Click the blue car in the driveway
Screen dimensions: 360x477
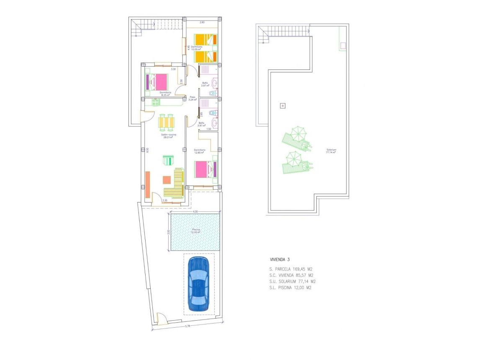click(x=198, y=284)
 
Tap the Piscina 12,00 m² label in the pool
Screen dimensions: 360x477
click(x=196, y=231)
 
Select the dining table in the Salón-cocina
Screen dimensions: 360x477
click(x=167, y=122)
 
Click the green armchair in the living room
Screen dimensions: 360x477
click(x=168, y=160)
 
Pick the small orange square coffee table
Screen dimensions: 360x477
click(x=167, y=180)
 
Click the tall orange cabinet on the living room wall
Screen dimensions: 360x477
click(x=147, y=185)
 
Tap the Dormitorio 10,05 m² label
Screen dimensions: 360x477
click(x=197, y=48)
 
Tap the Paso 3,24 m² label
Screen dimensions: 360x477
click(x=192, y=98)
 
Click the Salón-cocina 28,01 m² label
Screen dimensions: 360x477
click(x=169, y=136)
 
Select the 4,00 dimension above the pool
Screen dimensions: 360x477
click(x=195, y=212)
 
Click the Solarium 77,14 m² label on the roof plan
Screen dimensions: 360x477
click(x=331, y=151)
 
